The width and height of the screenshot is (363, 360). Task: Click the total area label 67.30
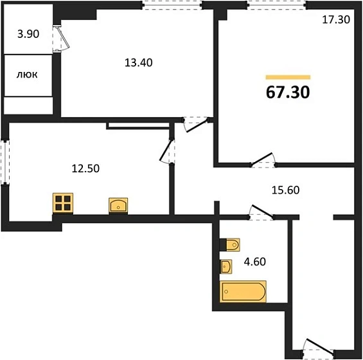click(x=288, y=92)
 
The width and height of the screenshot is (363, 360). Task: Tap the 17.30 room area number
click(x=336, y=20)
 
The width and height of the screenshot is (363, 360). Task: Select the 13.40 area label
click(x=138, y=63)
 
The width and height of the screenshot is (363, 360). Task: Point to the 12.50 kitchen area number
click(x=85, y=168)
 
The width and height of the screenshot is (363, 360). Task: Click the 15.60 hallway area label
click(x=285, y=190)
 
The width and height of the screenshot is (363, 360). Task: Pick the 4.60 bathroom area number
click(x=255, y=262)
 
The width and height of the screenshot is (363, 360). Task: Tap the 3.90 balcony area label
click(x=28, y=34)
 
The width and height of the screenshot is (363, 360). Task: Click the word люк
click(x=27, y=75)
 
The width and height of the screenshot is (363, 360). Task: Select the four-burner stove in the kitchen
click(x=63, y=203)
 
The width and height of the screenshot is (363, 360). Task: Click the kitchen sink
click(x=118, y=205)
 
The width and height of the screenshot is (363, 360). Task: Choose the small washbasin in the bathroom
click(x=226, y=267)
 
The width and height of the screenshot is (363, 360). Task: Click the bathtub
click(x=243, y=291)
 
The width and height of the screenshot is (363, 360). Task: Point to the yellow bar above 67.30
click(x=288, y=77)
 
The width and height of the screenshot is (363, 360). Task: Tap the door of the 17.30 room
click(x=263, y=160)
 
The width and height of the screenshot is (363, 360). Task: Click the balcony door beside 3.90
click(x=60, y=38)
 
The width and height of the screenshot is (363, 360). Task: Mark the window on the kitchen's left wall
click(x=5, y=162)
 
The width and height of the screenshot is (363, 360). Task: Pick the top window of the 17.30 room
click(x=277, y=5)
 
